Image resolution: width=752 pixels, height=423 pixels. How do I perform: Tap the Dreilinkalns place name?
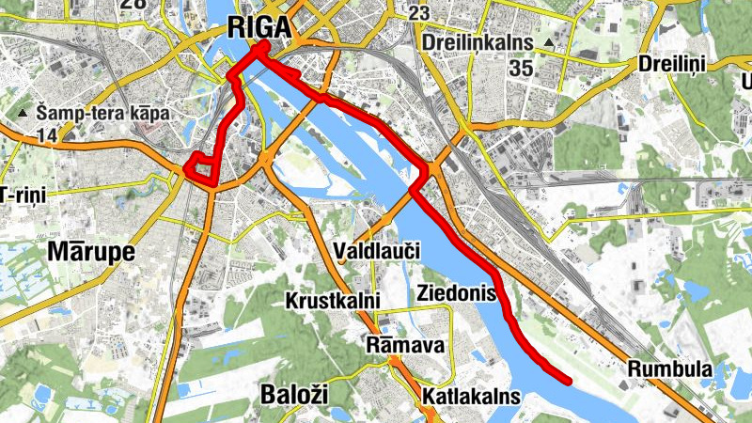478,43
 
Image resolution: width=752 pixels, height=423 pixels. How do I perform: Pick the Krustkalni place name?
333,301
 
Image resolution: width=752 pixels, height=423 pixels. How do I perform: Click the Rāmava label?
406,346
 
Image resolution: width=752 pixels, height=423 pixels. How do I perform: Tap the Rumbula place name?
670,368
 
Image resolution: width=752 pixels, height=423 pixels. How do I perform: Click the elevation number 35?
521,69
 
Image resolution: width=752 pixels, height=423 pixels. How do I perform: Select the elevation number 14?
47,136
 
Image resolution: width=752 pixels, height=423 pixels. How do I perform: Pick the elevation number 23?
419,13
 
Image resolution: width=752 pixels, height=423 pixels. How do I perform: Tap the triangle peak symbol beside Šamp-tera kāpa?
23,115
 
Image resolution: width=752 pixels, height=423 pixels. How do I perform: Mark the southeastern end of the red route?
569,380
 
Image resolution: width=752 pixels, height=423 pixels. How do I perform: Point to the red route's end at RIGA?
264,44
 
